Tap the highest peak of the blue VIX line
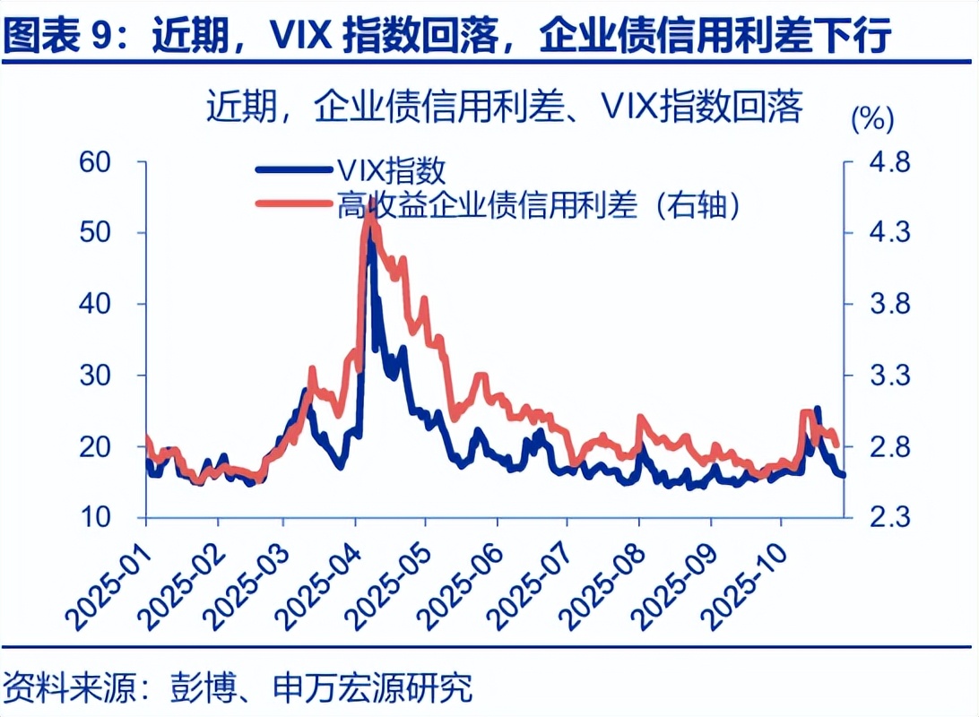coord(370,235)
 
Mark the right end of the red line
coord(837,445)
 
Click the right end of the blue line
coord(843,475)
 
